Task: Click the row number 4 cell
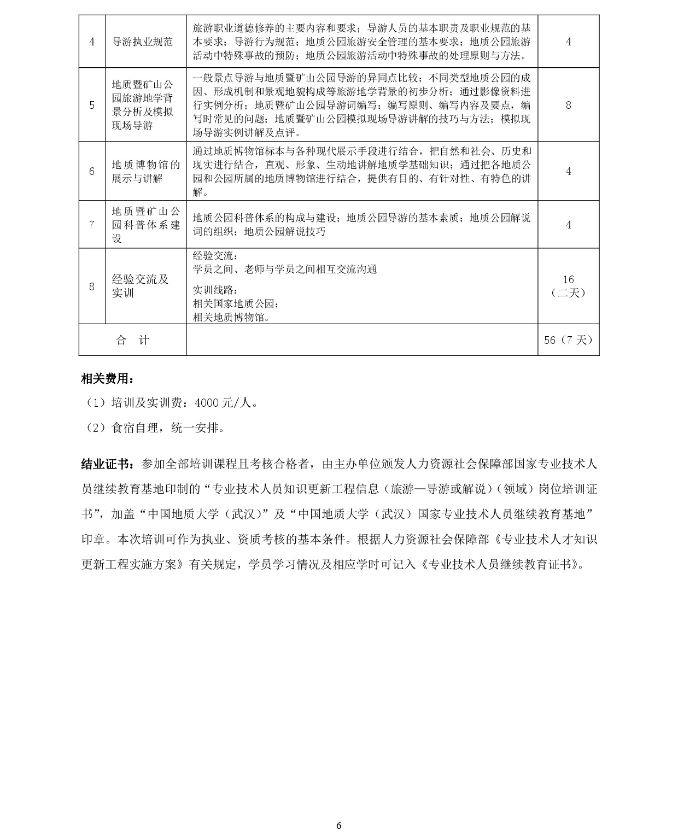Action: tap(92, 42)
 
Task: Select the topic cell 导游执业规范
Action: tap(142, 42)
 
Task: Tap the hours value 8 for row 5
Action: tap(568, 105)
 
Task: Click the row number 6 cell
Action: tap(92, 171)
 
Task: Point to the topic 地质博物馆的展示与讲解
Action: tap(145, 171)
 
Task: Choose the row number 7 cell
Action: tap(92, 225)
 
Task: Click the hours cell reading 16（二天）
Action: tap(568, 286)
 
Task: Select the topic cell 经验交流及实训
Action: tap(140, 286)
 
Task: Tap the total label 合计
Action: tap(132, 340)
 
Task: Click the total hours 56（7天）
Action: tap(568, 340)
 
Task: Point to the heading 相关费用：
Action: tap(107, 378)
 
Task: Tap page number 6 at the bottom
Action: tap(339, 826)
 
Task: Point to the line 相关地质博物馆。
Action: tap(232, 317)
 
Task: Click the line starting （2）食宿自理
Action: tap(156, 428)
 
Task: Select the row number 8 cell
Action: tap(92, 286)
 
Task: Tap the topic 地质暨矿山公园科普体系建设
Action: tap(145, 225)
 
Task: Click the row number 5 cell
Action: tap(92, 105)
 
